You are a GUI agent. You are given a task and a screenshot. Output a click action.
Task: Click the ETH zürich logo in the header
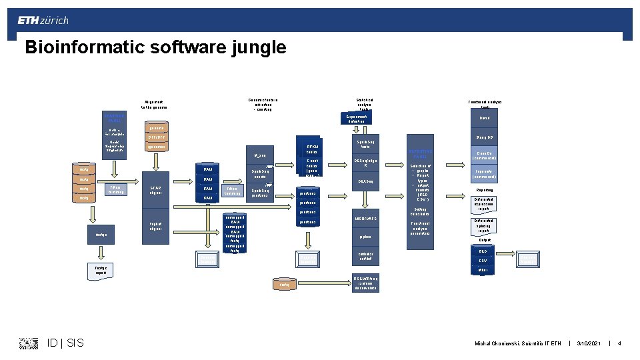click(43, 21)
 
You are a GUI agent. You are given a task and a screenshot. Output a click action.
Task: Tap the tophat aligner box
click(155, 227)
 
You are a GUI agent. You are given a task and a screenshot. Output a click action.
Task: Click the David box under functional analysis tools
click(484, 118)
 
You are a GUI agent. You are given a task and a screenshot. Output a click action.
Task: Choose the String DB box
click(484, 138)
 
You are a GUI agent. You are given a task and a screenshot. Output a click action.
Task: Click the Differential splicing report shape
click(484, 225)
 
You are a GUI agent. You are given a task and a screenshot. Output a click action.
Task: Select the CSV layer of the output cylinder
click(483, 261)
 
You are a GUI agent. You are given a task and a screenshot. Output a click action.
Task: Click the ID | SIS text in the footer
click(65, 343)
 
